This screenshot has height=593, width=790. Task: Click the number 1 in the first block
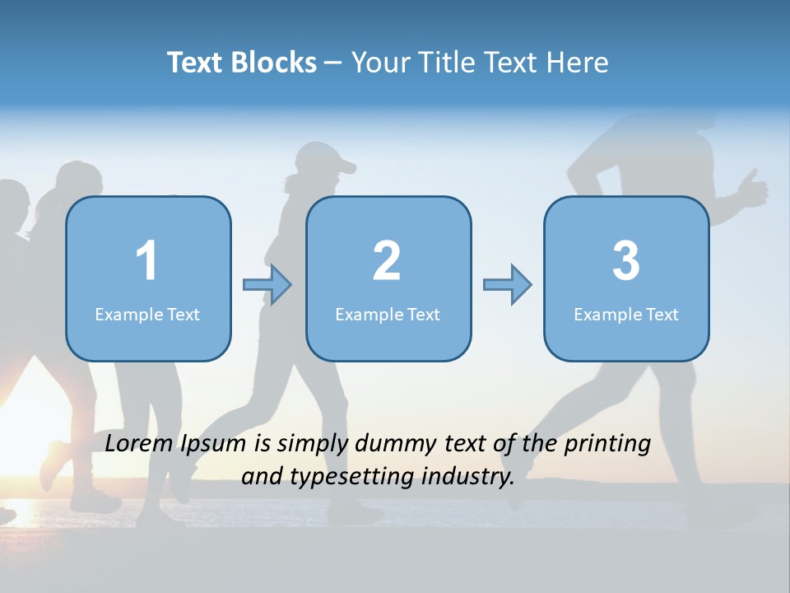click(146, 261)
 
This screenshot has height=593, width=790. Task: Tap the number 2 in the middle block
click(387, 261)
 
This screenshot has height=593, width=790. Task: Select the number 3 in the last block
click(626, 261)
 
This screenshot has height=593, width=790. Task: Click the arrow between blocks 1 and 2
click(268, 285)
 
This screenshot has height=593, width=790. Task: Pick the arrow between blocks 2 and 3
click(508, 285)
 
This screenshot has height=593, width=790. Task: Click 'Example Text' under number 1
click(147, 315)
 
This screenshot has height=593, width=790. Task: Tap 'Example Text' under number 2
click(388, 315)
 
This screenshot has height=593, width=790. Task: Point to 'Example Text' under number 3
click(626, 315)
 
